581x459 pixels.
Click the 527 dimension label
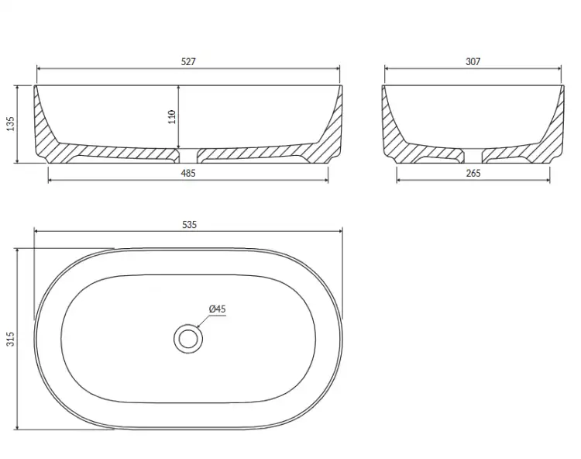click(188, 61)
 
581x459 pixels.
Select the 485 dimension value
click(188, 173)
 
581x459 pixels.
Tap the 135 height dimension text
click(10, 123)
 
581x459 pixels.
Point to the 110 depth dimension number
click(171, 117)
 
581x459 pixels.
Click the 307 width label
click(473, 61)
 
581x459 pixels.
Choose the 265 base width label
click(473, 173)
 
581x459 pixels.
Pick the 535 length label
click(189, 225)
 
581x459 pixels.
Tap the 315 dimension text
click(10, 339)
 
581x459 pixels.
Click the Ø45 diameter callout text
click(217, 309)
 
